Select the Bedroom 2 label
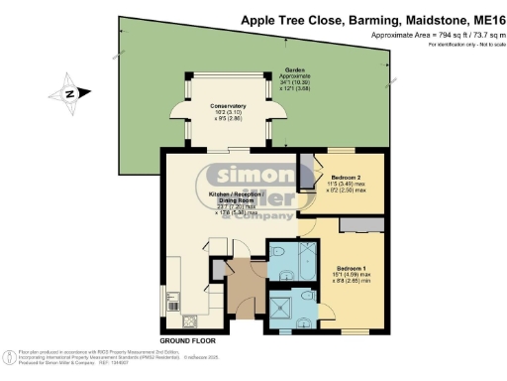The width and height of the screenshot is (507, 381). (344, 180)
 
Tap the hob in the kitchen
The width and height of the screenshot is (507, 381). (186, 319)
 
